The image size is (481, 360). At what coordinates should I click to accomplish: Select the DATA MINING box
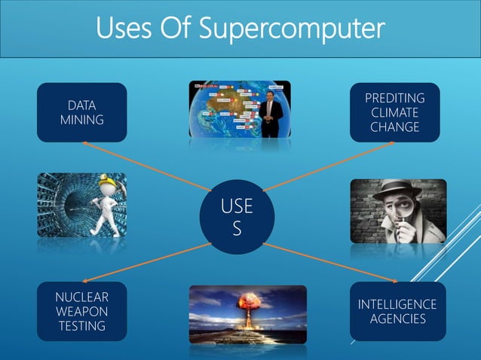coord(81,112)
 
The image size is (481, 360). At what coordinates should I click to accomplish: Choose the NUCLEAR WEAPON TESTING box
coord(81,311)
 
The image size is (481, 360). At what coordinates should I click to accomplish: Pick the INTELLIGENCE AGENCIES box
coord(397,311)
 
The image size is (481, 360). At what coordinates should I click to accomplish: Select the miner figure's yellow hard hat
coord(98,186)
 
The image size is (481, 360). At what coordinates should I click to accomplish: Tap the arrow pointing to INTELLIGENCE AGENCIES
coord(324,264)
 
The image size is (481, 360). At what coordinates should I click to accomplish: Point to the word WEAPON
coord(81,311)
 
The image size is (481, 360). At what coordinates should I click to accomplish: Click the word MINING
coord(81,120)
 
